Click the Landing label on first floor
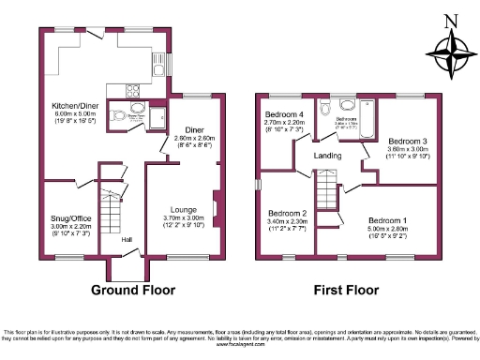click(328, 156)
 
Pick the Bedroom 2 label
click(284, 213)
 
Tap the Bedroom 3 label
click(408, 141)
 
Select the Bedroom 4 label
click(282, 113)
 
